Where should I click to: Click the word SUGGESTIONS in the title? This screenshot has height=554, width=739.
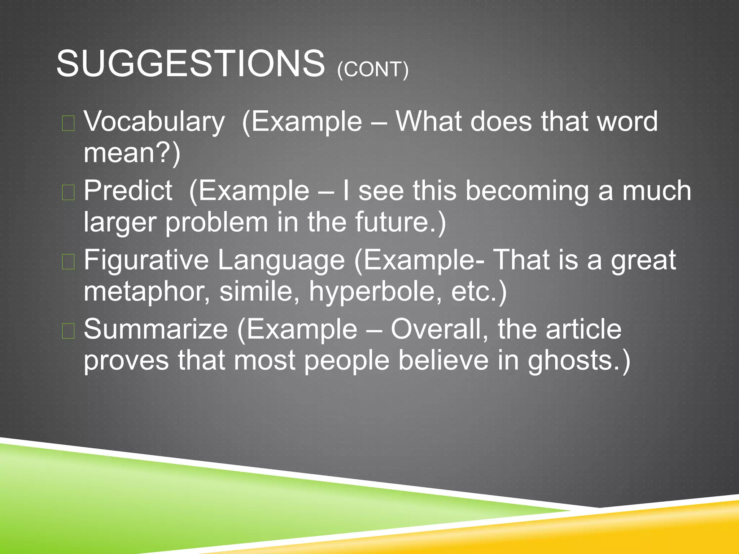[x=191, y=64]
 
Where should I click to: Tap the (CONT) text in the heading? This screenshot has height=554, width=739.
[x=373, y=69]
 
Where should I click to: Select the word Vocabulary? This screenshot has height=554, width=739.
[x=154, y=122]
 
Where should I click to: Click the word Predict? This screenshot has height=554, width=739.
[x=128, y=190]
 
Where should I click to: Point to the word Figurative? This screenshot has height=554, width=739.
[x=146, y=260]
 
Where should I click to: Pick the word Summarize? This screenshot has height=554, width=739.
[x=156, y=329]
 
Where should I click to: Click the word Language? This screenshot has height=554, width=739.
[x=281, y=260]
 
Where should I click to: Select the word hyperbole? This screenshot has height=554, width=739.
[x=375, y=291]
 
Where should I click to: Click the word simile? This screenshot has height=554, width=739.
[x=259, y=291]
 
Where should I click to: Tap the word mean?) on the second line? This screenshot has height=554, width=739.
[x=132, y=153]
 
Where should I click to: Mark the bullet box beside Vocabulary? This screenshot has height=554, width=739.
[x=68, y=123]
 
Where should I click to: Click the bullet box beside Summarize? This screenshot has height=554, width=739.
[x=68, y=331]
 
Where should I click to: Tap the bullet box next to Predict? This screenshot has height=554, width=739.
[x=68, y=192]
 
